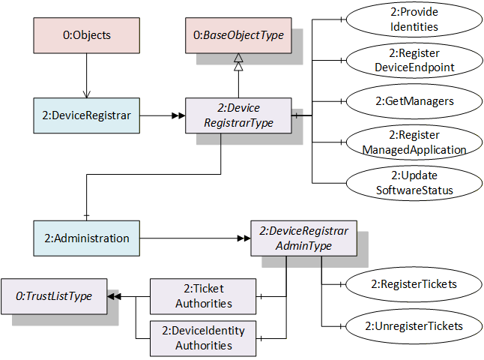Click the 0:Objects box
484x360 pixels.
pyautogui.click(x=86, y=35)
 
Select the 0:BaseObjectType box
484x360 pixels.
pyautogui.click(x=238, y=35)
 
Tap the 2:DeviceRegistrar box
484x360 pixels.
pyautogui.click(x=86, y=115)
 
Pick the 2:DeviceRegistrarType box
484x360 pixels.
pyautogui.click(x=238, y=115)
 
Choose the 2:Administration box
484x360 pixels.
pyautogui.click(x=86, y=238)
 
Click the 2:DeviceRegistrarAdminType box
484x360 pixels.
pyautogui.click(x=303, y=238)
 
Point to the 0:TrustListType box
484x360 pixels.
pyautogui.click(x=54, y=296)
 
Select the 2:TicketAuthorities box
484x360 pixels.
pyautogui.click(x=203, y=296)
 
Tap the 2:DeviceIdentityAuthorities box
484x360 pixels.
pyautogui.click(x=203, y=338)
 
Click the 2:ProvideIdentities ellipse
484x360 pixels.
pyautogui.click(x=414, y=19)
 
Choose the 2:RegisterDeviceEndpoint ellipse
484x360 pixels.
pyautogui.click(x=414, y=60)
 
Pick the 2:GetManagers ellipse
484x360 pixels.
pyautogui.click(x=414, y=101)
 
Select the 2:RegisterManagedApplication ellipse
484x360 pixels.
pyautogui.click(x=414, y=142)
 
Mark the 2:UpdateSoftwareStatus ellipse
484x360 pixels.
pyautogui.click(x=414, y=183)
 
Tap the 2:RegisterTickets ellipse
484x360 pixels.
pyautogui.click(x=414, y=284)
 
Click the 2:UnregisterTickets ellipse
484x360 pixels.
pyautogui.click(x=414, y=326)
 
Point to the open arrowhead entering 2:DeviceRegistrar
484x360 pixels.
pyautogui.click(x=87, y=94)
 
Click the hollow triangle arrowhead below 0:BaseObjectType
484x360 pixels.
pyautogui.click(x=238, y=62)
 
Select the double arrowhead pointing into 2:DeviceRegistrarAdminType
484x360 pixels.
pyautogui.click(x=243, y=238)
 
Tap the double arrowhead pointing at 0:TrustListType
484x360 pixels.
pyautogui.click(x=114, y=297)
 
